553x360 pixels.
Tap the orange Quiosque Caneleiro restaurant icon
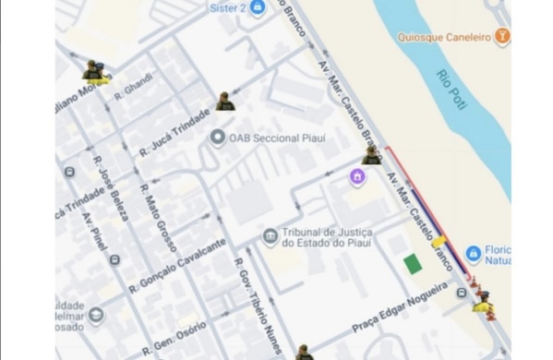point(501,37)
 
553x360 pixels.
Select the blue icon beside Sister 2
point(258,7)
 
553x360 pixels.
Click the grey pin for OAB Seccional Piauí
point(218,138)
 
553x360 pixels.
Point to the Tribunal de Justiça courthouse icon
point(270,237)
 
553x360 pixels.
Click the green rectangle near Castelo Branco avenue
point(413,264)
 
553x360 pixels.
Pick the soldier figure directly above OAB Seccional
point(225,102)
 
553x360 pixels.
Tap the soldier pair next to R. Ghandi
point(93,71)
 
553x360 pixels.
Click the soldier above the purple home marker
point(371,156)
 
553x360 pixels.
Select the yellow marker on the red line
point(439,242)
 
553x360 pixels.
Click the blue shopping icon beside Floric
point(474,253)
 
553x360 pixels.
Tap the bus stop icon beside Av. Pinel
point(114,259)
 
